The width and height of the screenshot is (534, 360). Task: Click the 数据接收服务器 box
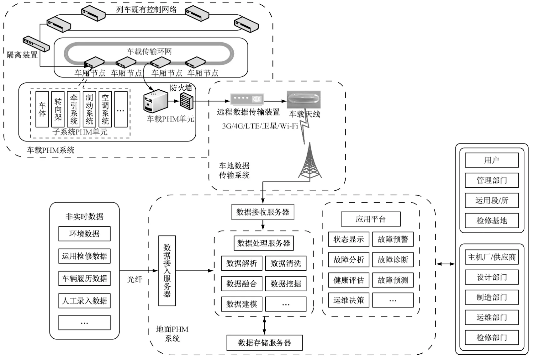click(x=263, y=212)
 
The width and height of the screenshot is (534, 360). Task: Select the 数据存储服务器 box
click(x=264, y=343)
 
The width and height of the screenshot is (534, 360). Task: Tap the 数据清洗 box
click(x=286, y=263)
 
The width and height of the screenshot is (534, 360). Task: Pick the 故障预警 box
click(x=393, y=240)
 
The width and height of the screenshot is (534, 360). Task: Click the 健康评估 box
click(x=348, y=280)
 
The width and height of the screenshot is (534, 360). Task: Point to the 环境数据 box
click(x=84, y=234)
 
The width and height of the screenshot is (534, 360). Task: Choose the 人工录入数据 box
click(x=84, y=301)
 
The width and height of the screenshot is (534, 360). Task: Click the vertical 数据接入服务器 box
click(x=167, y=271)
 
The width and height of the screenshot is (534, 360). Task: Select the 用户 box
click(x=491, y=160)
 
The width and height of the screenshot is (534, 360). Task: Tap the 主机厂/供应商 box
click(x=491, y=257)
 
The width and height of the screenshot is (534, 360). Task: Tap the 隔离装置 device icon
click(x=36, y=44)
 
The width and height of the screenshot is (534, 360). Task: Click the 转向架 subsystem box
click(x=58, y=109)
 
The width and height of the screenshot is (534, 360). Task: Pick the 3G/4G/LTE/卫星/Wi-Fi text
click(x=260, y=126)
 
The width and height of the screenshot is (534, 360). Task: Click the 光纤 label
click(x=135, y=279)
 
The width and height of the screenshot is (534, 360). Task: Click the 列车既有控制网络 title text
click(x=146, y=10)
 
